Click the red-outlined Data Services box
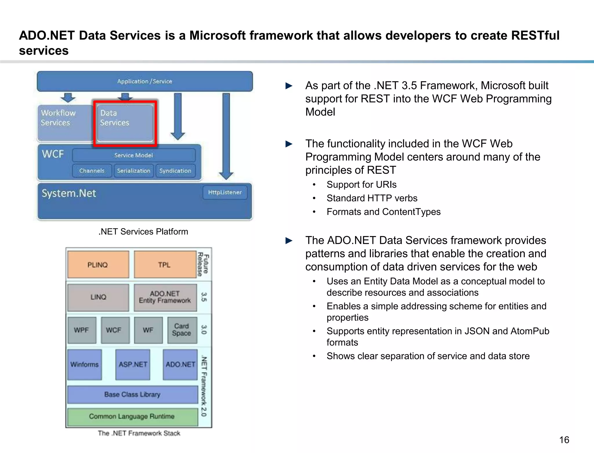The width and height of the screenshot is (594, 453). coord(125,123)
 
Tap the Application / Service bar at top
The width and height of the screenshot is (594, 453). coord(145,82)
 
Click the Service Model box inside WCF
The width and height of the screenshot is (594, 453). coord(133,155)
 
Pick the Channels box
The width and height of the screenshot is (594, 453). coord(92,171)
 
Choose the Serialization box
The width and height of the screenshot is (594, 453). coord(134,171)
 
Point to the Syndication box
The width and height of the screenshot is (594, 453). coord(175,171)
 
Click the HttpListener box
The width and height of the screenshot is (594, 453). coord(225,193)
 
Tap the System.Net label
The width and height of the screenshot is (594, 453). coord(69,193)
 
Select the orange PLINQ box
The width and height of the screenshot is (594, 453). coord(98,265)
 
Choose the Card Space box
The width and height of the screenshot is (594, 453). coord(182,330)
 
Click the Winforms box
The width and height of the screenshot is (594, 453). coord(84,364)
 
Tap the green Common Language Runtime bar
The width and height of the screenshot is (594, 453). coord(132,416)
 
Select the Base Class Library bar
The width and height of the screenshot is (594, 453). coord(132,394)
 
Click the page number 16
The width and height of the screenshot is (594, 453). coord(564,440)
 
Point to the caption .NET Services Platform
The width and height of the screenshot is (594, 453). coord(143,232)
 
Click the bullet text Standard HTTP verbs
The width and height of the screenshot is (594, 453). coord(372,198)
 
